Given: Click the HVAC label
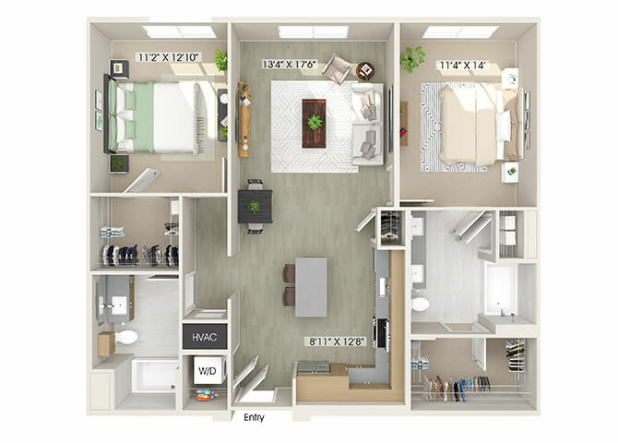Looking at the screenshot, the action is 205,337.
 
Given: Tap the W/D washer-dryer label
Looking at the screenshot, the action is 208,371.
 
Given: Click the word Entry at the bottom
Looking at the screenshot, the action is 254,417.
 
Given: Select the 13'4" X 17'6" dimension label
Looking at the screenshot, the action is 290,65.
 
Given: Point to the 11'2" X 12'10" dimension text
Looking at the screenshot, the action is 168,57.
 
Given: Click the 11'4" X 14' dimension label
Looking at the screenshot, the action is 462,66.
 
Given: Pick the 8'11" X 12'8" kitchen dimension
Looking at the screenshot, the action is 336,341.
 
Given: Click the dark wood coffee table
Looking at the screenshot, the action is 314,124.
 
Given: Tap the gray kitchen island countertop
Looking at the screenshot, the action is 312,287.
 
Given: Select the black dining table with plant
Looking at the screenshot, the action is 255,207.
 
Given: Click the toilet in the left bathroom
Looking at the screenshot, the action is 125,337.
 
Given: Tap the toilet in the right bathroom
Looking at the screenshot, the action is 420,305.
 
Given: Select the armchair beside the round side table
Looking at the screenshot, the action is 337,69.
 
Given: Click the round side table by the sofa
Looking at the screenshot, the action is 365,71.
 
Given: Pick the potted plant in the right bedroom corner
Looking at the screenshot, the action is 412,59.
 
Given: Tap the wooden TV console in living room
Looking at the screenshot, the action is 244,120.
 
